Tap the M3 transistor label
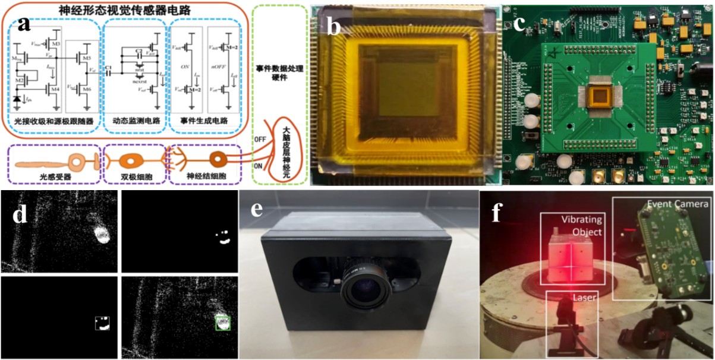tap(56, 45)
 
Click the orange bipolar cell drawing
tap(130, 160)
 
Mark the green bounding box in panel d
tap(222, 323)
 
